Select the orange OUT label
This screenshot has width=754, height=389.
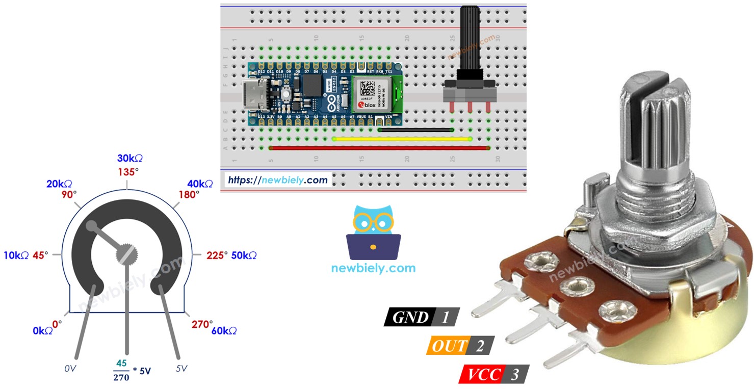tap(448, 346)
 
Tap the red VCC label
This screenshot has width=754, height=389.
tap(481, 375)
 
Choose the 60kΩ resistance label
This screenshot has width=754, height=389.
tap(224, 331)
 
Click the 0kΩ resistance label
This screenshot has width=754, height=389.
tap(43, 331)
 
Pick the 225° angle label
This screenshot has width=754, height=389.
tap(217, 255)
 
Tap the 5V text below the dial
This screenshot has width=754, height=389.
tap(181, 367)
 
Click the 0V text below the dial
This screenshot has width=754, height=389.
tap(71, 368)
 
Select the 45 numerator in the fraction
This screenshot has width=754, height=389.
tap(121, 364)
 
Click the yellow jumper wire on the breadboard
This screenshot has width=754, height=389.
tap(402, 139)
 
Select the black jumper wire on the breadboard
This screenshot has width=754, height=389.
tap(415, 130)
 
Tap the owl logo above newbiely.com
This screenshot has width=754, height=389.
tap(373, 232)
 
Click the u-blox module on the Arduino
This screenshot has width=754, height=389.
tap(378, 94)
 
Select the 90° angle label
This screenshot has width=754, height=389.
tap(68, 194)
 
